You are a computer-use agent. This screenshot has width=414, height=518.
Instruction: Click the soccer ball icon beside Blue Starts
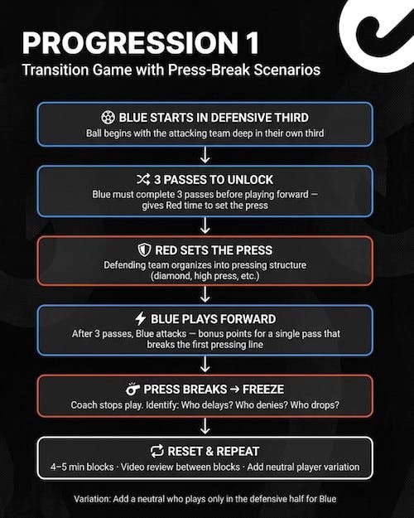pyautogui.click(x=108, y=118)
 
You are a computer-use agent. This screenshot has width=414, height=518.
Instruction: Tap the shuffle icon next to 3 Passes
pyautogui.click(x=143, y=179)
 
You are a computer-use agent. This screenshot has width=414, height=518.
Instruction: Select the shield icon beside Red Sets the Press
pyautogui.click(x=144, y=250)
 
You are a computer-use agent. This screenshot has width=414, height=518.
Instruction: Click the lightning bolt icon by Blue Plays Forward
pyautogui.click(x=141, y=319)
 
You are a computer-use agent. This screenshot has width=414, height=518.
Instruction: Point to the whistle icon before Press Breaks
pyautogui.click(x=132, y=389)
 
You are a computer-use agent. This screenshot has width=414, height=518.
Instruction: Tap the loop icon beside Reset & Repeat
pyautogui.click(x=156, y=451)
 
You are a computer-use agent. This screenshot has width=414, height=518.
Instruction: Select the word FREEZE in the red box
pyautogui.click(x=263, y=390)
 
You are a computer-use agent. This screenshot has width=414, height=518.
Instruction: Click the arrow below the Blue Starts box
pyautogui.click(x=205, y=155)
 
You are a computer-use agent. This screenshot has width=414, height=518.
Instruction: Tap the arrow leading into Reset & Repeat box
pyautogui.click(x=205, y=426)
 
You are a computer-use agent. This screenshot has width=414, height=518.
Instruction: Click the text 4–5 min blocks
pyautogui.click(x=82, y=467)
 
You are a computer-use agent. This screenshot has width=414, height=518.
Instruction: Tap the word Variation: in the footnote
pyautogui.click(x=92, y=499)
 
